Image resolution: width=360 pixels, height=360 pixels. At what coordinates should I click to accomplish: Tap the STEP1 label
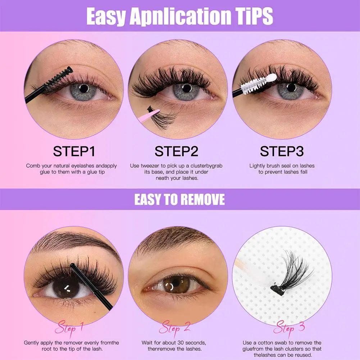pos(74,151)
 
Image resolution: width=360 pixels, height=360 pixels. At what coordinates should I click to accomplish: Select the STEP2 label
pos(176,151)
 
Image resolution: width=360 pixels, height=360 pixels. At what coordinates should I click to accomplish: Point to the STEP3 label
pos(282,151)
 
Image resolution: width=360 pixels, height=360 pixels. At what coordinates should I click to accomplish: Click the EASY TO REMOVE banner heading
pos(179,199)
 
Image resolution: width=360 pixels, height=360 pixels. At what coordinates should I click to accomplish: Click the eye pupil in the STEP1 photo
pos(83,88)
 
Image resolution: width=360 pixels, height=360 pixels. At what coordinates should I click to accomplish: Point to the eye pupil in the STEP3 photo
pos(291,87)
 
